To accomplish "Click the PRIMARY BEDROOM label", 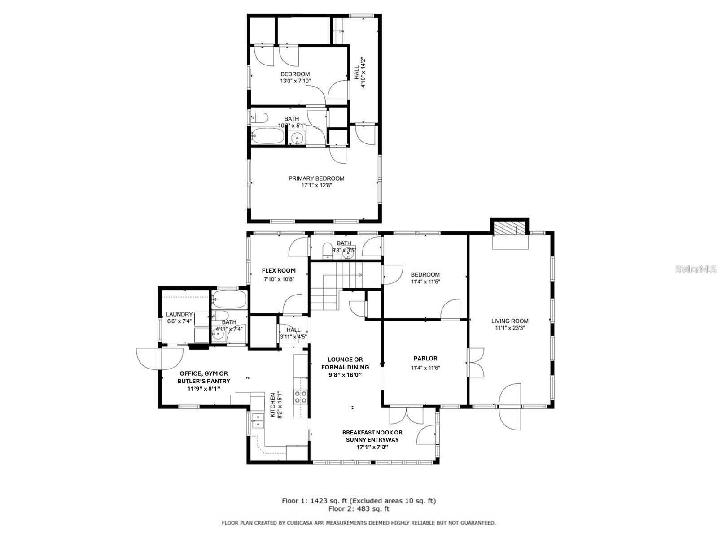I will click(x=316, y=178).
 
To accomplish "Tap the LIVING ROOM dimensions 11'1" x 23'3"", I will click(x=509, y=328).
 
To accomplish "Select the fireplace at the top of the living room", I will click(x=509, y=230).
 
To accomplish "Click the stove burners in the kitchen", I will click(x=300, y=396).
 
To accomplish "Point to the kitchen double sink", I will click(x=258, y=420).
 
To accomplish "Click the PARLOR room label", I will click(x=425, y=359).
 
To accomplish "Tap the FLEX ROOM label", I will click(x=279, y=271).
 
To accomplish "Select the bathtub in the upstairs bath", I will click(x=268, y=135).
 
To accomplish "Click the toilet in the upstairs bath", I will click(x=260, y=118).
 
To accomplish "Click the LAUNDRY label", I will click(x=179, y=315).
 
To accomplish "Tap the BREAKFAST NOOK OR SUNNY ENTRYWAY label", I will click(x=372, y=436).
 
